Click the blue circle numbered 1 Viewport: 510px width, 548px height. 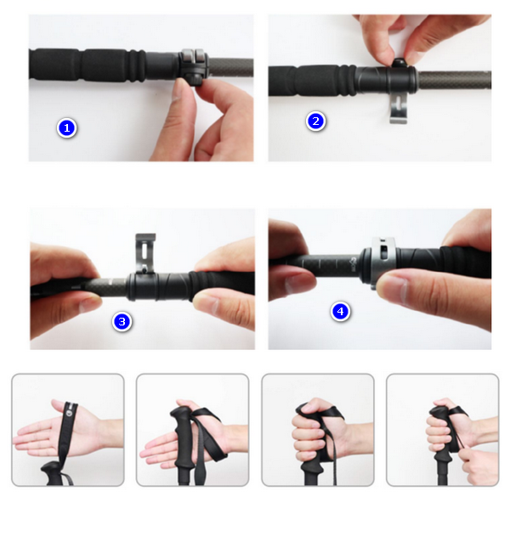(66, 128)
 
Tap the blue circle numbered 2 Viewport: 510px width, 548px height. (315, 121)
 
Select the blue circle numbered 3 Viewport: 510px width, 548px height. (122, 321)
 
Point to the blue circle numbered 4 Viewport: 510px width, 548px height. (340, 311)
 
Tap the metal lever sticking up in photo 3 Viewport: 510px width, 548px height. (145, 252)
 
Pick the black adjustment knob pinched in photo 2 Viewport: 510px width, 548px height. (398, 63)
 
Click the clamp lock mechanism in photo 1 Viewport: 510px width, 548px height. (194, 68)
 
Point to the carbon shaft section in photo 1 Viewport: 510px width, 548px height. (230, 67)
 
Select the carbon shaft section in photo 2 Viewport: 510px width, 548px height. (454, 80)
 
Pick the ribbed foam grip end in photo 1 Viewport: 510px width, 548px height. (137, 65)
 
